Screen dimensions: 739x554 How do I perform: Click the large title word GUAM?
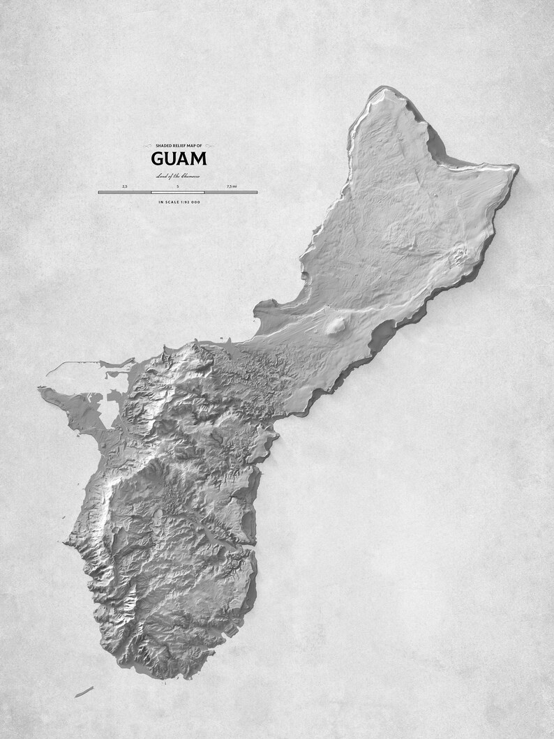tap(178, 158)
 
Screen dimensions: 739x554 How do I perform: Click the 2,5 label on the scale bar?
tap(125, 186)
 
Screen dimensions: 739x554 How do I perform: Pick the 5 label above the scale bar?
tap(177, 186)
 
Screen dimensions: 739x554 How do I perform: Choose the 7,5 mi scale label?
tap(231, 186)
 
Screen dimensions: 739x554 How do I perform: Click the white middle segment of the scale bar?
tap(177, 192)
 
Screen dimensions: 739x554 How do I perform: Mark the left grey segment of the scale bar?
tap(125, 192)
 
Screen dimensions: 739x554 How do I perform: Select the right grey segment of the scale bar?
tap(230, 192)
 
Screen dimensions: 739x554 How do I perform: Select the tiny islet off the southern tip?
tap(84, 692)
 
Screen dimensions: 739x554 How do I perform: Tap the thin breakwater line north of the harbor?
tap(87, 364)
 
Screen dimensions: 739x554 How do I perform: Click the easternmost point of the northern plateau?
tap(516, 167)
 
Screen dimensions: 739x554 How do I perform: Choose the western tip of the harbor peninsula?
tap(42, 391)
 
